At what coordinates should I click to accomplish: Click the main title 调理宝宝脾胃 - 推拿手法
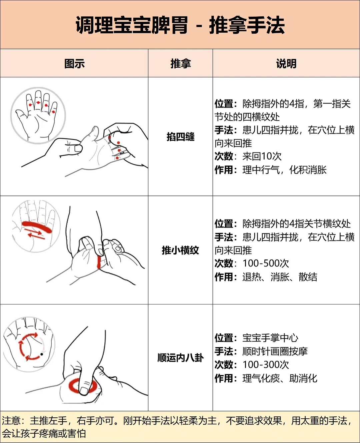click(180, 25)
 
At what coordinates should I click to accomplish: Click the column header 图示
click(74, 63)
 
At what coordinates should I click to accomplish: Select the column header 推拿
click(180, 63)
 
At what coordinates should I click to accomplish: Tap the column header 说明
click(286, 63)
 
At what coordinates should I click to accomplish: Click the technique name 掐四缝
click(180, 137)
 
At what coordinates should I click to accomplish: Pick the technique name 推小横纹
click(180, 250)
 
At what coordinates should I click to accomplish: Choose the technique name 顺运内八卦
click(180, 358)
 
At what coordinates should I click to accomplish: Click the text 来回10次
click(262, 156)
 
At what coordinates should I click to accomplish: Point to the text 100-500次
click(266, 263)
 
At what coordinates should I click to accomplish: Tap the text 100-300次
click(266, 365)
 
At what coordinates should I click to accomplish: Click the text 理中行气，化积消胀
click(284, 170)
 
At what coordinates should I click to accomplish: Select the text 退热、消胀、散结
click(280, 277)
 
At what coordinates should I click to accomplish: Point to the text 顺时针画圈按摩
click(275, 351)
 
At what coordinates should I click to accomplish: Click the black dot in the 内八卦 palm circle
click(42, 354)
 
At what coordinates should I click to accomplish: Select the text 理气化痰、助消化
click(280, 378)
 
